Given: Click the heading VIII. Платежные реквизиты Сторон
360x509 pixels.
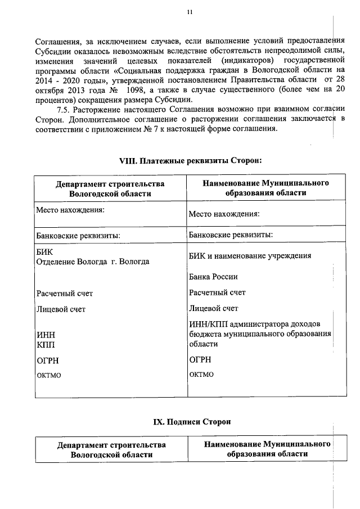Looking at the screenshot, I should tap(191, 160).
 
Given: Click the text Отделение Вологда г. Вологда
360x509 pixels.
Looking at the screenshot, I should tap(93, 262).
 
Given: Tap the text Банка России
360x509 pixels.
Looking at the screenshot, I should tap(213, 277).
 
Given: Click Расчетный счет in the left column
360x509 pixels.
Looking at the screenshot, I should tap(65, 293).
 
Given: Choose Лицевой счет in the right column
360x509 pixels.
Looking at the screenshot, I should tap(214, 308).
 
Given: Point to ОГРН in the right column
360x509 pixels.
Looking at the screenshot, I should tap(200, 360).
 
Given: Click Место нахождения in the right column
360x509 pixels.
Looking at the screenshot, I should tap(224, 214).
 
